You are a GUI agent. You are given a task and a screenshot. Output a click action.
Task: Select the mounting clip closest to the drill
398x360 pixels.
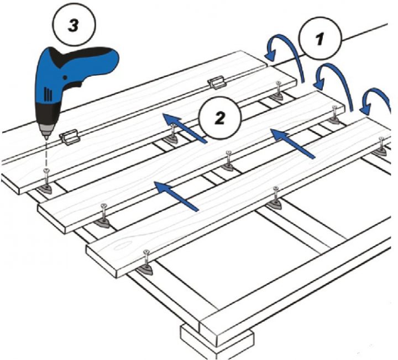(69, 136)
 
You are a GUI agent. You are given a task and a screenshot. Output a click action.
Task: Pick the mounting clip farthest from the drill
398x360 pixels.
(216, 83)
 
